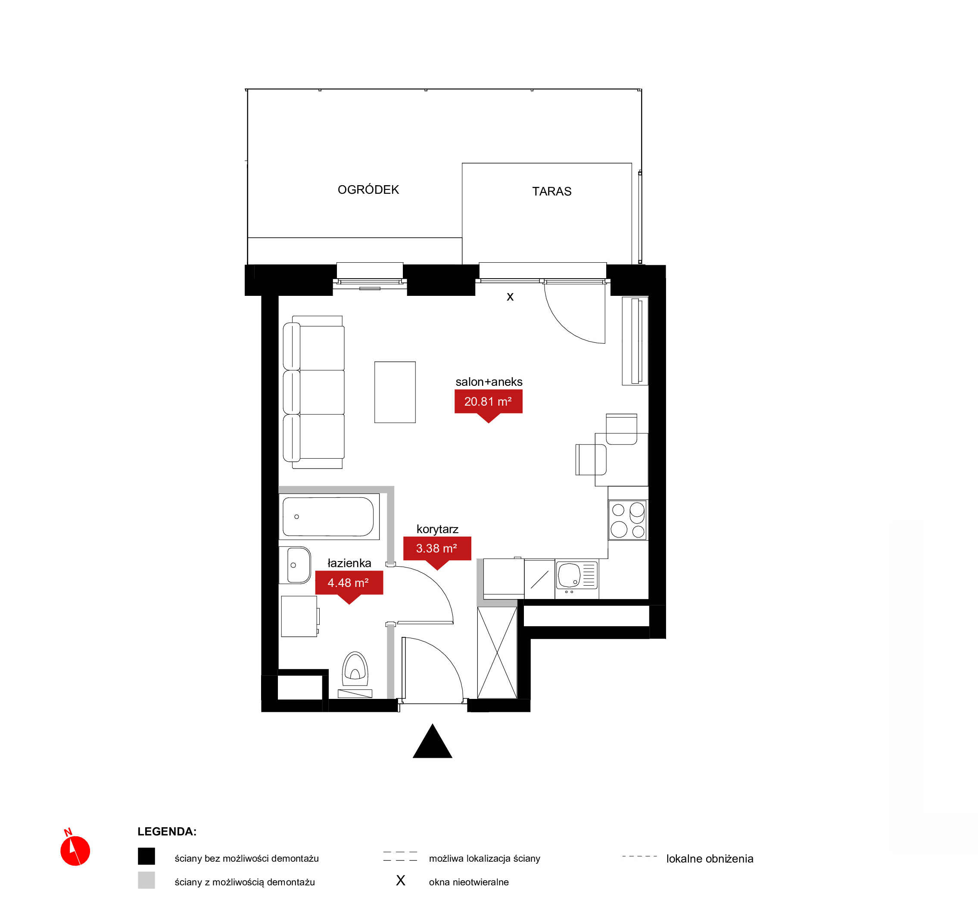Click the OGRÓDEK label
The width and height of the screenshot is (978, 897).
click(368, 189)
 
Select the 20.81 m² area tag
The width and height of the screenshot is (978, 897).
click(488, 402)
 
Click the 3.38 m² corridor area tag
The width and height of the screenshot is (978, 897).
click(437, 549)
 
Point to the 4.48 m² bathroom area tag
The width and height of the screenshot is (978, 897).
click(349, 583)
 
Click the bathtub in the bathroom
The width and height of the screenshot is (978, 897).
click(329, 516)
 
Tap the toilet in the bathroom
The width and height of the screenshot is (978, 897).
click(355, 669)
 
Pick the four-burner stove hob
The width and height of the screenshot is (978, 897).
click(628, 520)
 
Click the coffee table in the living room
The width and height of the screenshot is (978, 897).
click(395, 392)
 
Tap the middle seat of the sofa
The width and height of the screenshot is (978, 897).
click(314, 392)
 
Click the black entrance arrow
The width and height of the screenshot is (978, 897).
click(432, 741)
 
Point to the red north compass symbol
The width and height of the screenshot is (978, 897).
click(75, 850)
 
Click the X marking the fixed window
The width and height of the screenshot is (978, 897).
click(510, 297)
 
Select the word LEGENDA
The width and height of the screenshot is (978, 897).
click(167, 832)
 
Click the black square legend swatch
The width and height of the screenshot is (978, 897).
click(146, 856)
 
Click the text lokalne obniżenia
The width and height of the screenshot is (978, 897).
click(710, 859)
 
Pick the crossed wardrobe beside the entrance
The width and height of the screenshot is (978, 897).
click(497, 653)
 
